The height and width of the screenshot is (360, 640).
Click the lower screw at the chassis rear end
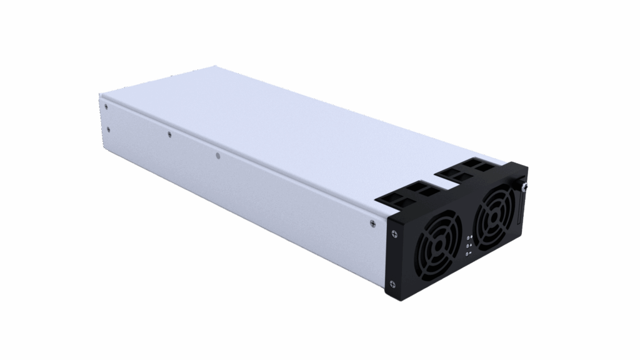109,129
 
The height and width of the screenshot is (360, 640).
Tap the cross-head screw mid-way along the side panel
169,133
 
